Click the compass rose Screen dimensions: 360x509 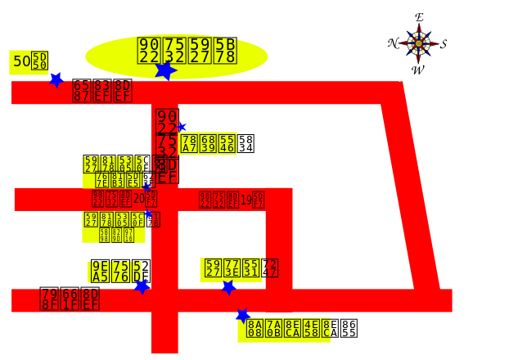418,43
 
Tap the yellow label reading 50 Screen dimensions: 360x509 29,61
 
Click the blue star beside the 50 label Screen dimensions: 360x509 56,79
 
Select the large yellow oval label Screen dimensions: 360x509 177,56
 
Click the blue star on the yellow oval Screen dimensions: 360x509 165,70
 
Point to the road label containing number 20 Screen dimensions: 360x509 124,199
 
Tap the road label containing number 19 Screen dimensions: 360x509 232,200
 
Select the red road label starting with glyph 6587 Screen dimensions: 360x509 101,92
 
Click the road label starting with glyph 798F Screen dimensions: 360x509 70,299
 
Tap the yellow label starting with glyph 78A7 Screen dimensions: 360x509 208,144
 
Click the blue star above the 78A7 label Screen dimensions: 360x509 181,127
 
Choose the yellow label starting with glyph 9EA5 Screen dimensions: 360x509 115,272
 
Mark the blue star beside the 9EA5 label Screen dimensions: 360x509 142,286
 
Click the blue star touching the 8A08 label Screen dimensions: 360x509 242,316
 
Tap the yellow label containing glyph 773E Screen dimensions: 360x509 239,269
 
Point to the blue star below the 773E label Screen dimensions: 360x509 228,287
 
